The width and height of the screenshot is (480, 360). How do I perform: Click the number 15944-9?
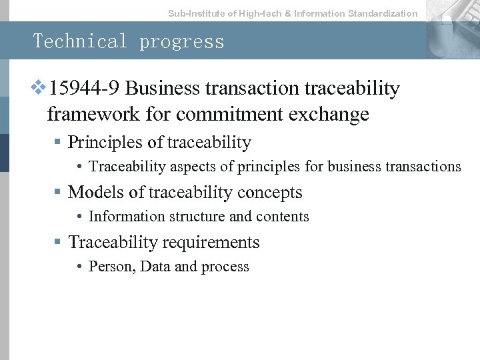click(85, 89)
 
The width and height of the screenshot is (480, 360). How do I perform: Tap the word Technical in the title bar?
click(80, 41)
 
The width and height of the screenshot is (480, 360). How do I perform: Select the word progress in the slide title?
click(182, 42)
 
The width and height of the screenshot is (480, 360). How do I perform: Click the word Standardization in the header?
click(383, 13)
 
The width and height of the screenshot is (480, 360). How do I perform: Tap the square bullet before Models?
click(58, 193)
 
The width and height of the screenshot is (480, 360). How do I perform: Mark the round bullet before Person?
click(79, 267)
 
